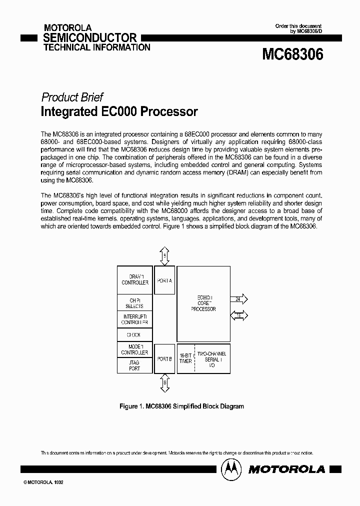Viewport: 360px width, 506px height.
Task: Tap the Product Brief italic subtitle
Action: (x=72, y=97)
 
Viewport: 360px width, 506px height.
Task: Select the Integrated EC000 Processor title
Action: (x=119, y=111)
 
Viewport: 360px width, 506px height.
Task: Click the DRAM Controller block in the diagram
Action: (x=134, y=280)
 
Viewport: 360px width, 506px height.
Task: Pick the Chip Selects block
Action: (x=134, y=303)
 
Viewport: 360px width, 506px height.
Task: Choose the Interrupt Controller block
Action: (x=134, y=319)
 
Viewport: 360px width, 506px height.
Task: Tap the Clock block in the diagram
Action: (x=134, y=335)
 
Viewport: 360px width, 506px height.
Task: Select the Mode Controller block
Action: (x=134, y=349)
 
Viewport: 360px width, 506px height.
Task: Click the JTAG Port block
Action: (x=134, y=365)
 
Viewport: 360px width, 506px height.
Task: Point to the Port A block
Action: (x=164, y=280)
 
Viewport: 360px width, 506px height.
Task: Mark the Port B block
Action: (x=164, y=358)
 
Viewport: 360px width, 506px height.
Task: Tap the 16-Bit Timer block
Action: (x=185, y=358)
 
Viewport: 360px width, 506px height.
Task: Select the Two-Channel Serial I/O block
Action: (x=211, y=358)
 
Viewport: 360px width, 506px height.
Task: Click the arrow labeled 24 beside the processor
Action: (x=238, y=299)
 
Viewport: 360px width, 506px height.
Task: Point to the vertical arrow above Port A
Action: (x=165, y=255)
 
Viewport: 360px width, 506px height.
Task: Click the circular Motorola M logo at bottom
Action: (x=231, y=468)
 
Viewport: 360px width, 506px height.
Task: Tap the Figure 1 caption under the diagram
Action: (x=181, y=406)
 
